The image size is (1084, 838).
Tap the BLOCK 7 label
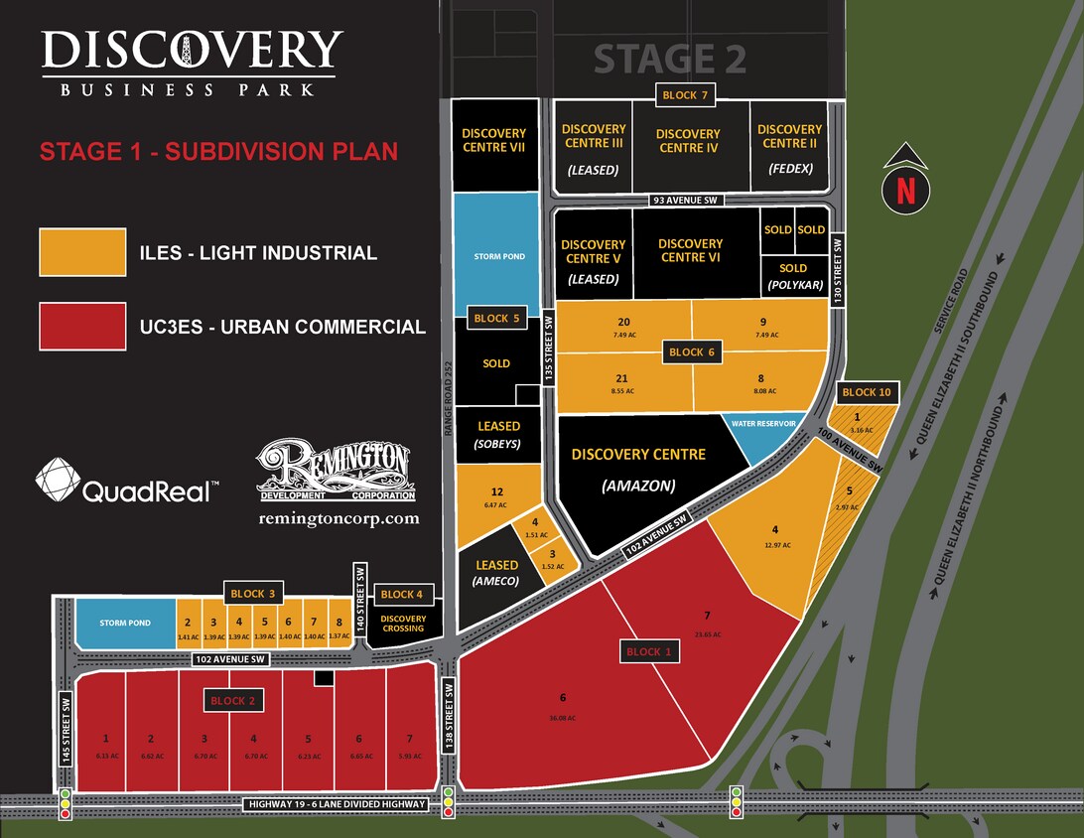(x=686, y=95)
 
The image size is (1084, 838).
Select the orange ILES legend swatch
(x=82, y=252)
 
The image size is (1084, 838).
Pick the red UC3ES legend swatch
(x=82, y=326)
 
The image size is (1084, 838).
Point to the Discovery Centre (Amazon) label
(x=638, y=469)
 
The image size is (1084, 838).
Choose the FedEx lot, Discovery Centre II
(x=789, y=148)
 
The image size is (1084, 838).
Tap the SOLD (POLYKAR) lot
(x=793, y=276)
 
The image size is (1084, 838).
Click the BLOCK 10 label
(x=867, y=392)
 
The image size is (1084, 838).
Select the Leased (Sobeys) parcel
(x=498, y=433)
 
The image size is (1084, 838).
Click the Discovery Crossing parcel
(x=403, y=625)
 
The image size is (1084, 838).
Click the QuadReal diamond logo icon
(x=57, y=480)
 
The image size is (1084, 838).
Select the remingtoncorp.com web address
(x=339, y=518)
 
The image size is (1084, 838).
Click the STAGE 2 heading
(x=669, y=60)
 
